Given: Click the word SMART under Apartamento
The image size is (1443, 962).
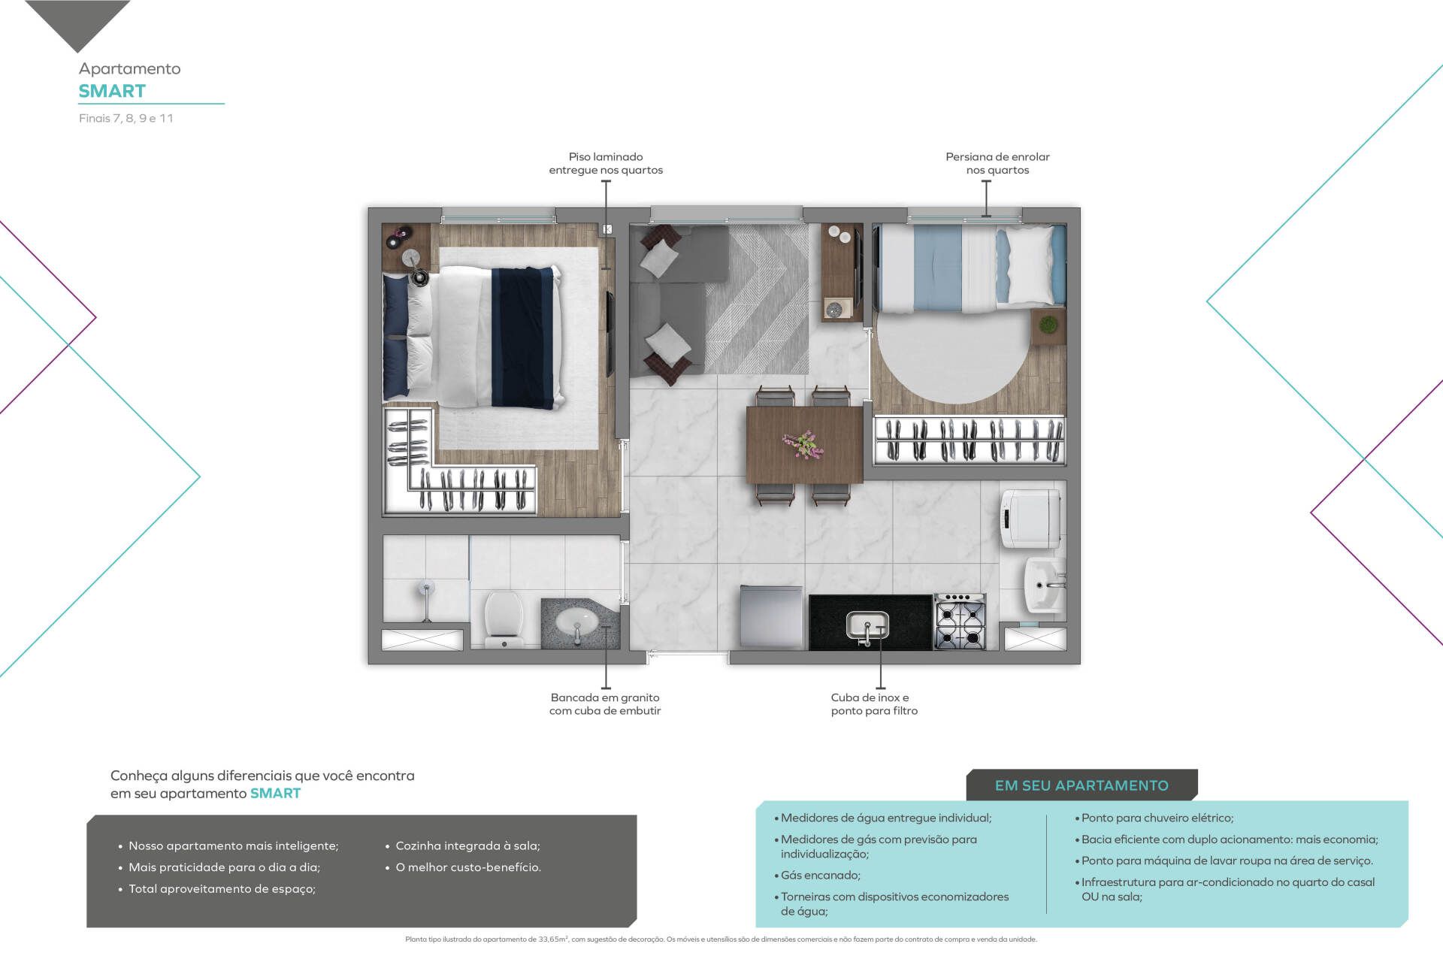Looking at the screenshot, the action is tap(112, 91).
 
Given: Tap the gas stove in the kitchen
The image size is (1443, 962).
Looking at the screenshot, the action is tap(960, 621).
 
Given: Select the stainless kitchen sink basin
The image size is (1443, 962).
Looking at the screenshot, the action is tap(867, 626).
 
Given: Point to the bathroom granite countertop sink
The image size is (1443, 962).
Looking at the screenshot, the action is tap(578, 622).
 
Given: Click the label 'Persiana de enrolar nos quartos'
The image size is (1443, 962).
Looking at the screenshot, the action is tap(997, 163).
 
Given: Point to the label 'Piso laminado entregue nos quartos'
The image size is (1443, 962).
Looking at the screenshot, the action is tap(606, 163).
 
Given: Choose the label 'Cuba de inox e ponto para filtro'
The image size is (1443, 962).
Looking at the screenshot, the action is tap(874, 704).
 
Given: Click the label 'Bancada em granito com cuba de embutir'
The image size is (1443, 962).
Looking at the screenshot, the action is tap(605, 704).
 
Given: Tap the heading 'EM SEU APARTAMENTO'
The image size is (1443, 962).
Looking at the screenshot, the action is tap(1081, 785).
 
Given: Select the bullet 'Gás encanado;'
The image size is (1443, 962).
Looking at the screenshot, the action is tap(820, 875).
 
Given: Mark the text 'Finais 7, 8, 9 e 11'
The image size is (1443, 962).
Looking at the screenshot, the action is tap(126, 118).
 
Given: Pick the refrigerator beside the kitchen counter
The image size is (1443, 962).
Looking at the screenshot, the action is tap(770, 617).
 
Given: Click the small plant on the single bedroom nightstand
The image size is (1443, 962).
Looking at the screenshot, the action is tap(1047, 325).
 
